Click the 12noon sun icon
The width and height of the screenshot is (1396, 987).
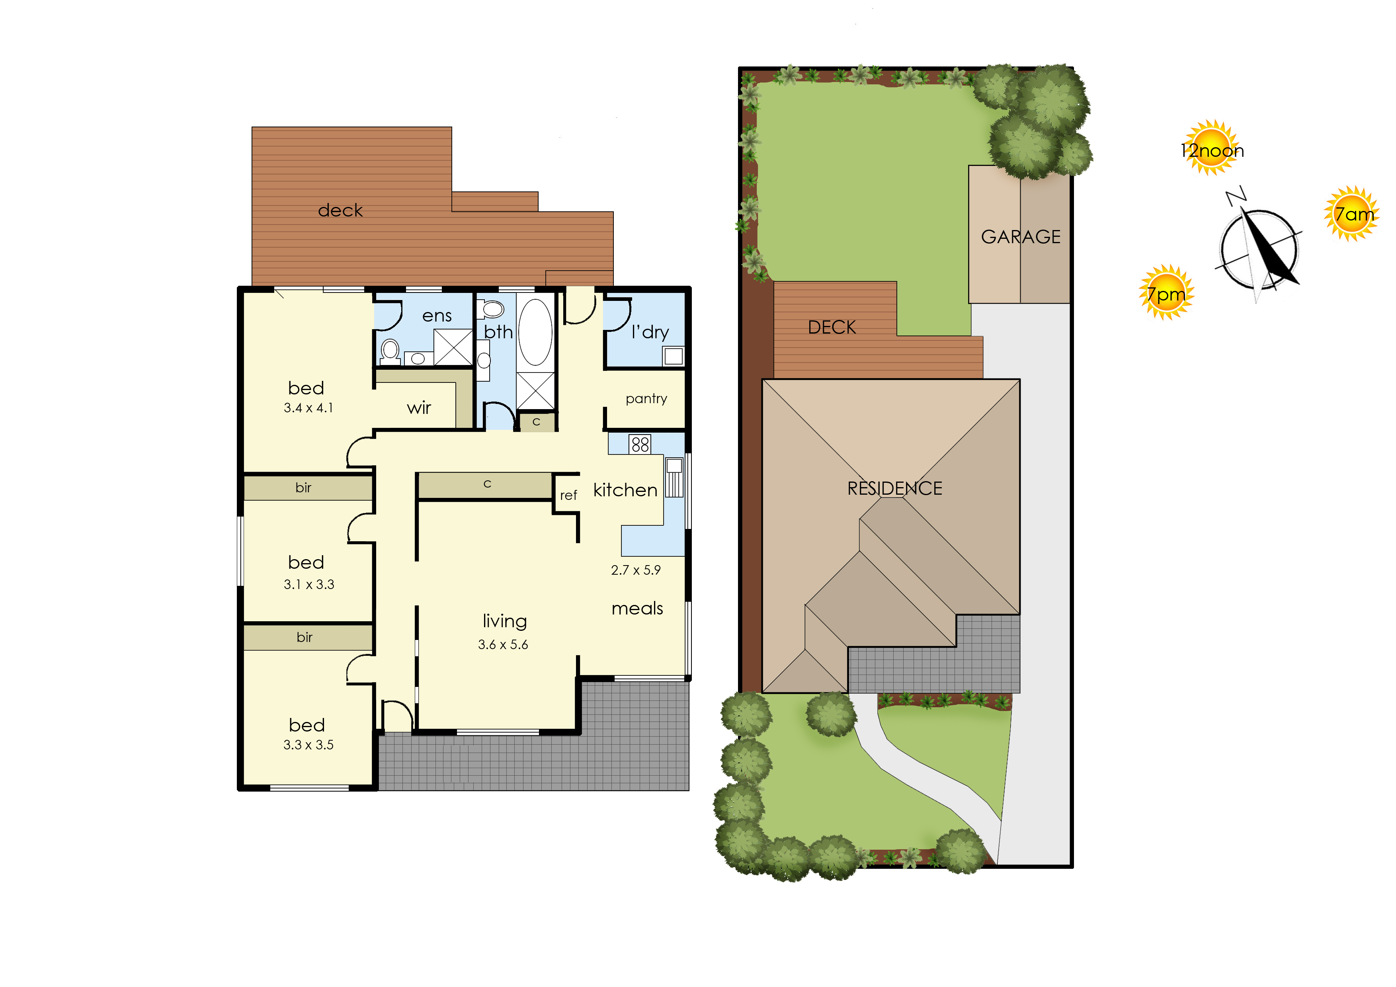[x=1212, y=148]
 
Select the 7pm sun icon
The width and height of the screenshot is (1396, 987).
[x=1166, y=293]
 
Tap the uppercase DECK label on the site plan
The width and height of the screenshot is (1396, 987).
[x=832, y=328]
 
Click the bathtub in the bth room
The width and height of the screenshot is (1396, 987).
[x=535, y=332]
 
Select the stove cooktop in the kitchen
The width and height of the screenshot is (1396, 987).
[x=640, y=444]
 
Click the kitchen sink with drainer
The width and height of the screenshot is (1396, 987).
[x=674, y=478]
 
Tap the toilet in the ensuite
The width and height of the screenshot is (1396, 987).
[x=390, y=352]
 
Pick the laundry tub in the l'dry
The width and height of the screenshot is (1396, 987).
[x=673, y=355]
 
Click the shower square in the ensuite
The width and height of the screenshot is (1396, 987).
[x=453, y=347]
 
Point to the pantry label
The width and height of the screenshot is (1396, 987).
[x=646, y=399]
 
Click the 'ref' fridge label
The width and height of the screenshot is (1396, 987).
[x=568, y=495]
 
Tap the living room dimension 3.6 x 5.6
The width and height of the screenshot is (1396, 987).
[x=503, y=644]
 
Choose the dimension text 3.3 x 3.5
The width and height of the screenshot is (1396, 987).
[x=308, y=745]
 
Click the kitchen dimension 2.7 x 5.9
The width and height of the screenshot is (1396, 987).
[x=635, y=570]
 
